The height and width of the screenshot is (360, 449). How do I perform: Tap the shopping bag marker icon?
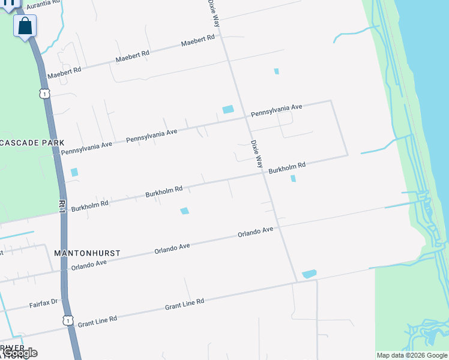pyautogui.click(x=25, y=26)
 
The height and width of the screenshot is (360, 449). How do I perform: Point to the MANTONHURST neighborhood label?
pyautogui.click(x=87, y=253)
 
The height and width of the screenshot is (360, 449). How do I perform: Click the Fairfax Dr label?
pyautogui.click(x=43, y=304)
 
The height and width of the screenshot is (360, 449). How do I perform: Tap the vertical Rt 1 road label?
pyautogui.click(x=62, y=207)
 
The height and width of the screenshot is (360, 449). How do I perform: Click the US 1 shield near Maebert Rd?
pyautogui.click(x=44, y=94)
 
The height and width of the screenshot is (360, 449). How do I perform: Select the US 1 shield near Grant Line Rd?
pyautogui.click(x=69, y=322)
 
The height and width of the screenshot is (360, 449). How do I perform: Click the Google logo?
pyautogui.click(x=20, y=353)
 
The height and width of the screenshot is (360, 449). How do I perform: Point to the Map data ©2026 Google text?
pyautogui.click(x=412, y=355)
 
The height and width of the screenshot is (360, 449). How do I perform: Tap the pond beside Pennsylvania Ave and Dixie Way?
pyautogui.click(x=228, y=109)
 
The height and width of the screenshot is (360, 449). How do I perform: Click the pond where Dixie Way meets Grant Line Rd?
pyautogui.click(x=309, y=274)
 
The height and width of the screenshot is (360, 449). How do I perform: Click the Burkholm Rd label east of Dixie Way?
pyautogui.click(x=288, y=168)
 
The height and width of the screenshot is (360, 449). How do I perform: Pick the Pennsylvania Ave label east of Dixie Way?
pyautogui.click(x=276, y=110)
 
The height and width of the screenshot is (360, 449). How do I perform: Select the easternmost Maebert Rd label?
pyautogui.click(x=197, y=41)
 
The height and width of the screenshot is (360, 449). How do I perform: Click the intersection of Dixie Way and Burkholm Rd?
pyautogui.click(x=264, y=175)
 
